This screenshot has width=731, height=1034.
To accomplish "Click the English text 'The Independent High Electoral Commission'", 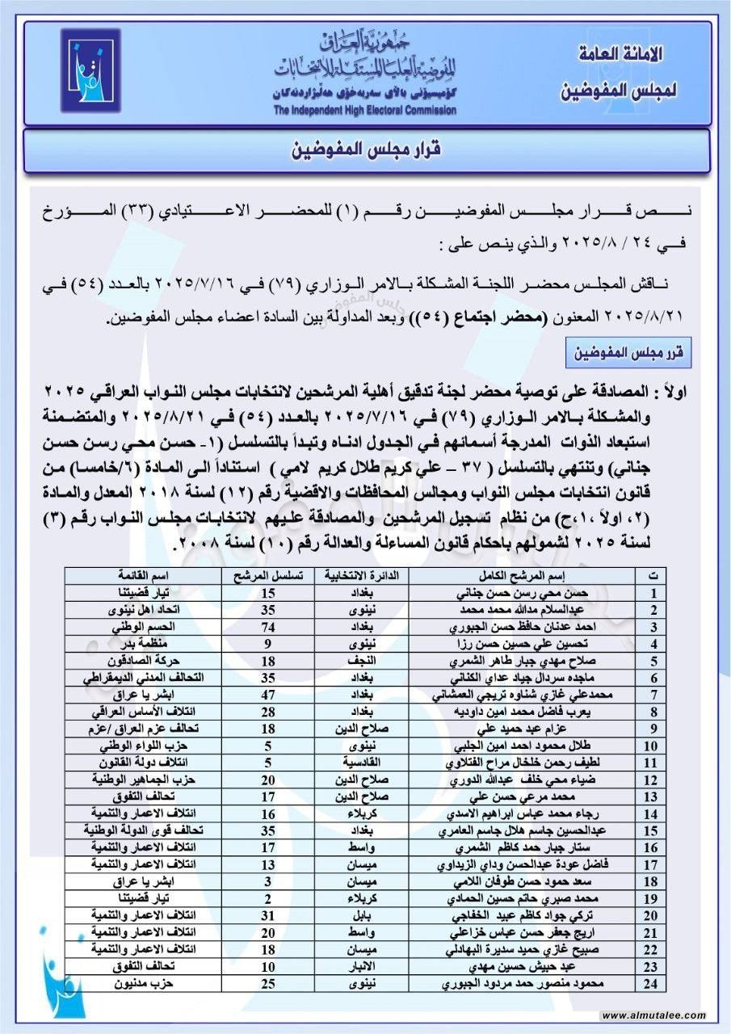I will pos(364,111).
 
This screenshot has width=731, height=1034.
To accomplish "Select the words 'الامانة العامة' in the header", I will pos(621,56).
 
